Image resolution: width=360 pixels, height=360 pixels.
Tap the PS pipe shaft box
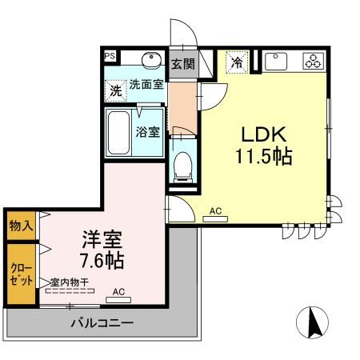pos(110,56)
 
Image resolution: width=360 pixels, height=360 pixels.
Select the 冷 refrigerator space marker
pos(237,61)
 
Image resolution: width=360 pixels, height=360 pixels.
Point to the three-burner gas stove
pos(311,61)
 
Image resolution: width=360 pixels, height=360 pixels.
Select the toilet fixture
pos(182,166)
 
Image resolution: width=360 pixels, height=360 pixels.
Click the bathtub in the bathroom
pos(118,134)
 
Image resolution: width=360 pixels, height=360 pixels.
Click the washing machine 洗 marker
pos(116,91)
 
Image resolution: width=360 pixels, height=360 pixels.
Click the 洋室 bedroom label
pos(102,238)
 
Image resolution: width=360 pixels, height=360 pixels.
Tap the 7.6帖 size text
pos(102,261)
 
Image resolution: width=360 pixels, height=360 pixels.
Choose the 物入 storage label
pos(22,225)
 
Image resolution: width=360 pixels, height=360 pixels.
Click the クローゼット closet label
pos(22,274)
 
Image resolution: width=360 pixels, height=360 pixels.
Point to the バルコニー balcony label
pos(102,324)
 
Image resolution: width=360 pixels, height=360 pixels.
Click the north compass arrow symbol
pos(313,322)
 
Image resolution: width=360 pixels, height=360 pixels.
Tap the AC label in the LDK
pos(214,211)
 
